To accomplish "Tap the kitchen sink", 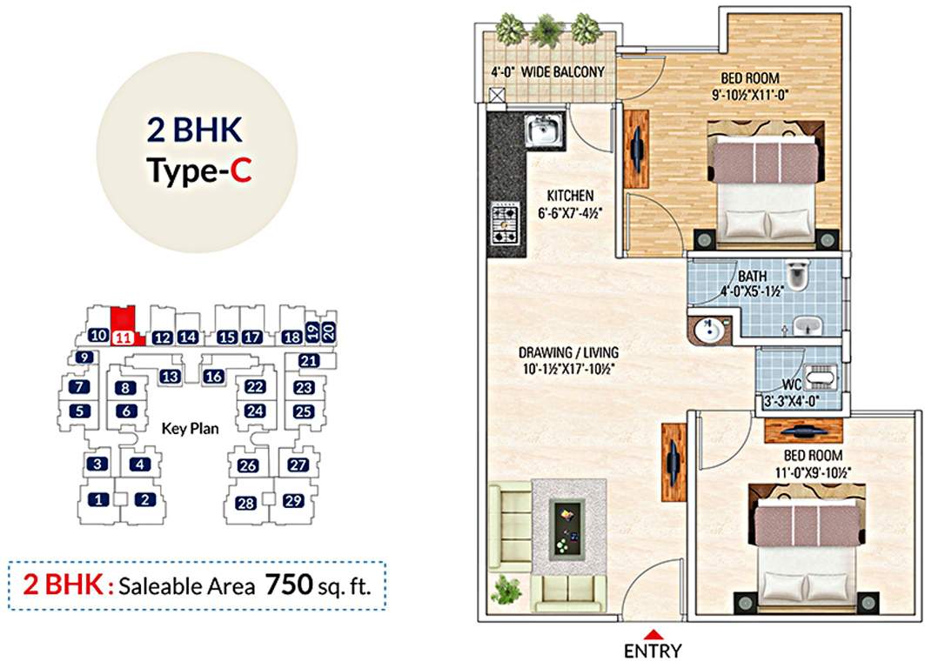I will click(546, 130).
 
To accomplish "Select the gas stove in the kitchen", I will click(506, 224).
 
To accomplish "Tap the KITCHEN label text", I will click(570, 195).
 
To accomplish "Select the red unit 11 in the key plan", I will click(123, 337).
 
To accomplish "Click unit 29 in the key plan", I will click(293, 500).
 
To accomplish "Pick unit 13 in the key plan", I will click(171, 376).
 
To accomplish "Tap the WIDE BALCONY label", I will click(562, 72).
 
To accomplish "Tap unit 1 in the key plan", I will click(99, 499).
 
